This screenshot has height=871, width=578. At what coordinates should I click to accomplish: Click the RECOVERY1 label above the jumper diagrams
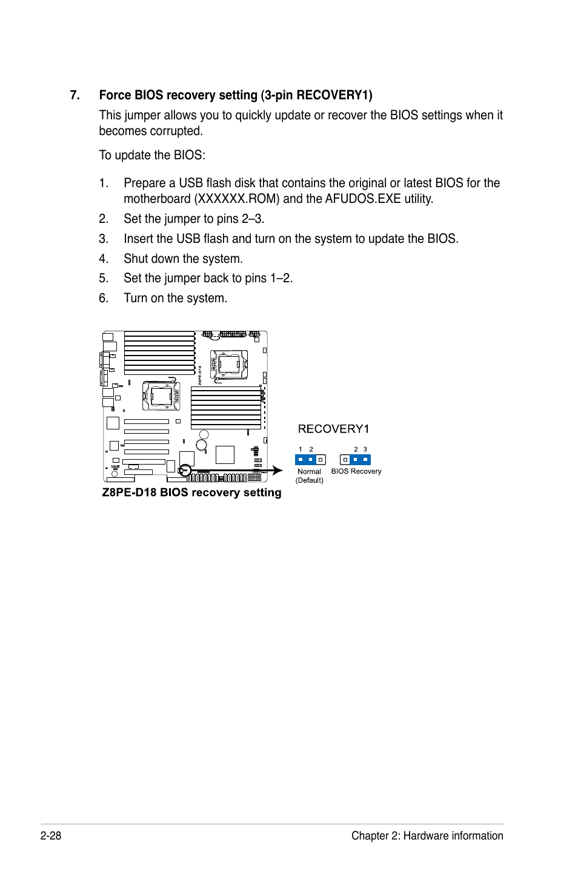[x=333, y=429]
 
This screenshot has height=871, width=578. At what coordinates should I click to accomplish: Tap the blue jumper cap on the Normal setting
[x=305, y=460]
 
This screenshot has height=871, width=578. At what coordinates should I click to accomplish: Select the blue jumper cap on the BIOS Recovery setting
[x=360, y=460]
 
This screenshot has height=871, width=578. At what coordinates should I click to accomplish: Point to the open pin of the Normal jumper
[x=321, y=460]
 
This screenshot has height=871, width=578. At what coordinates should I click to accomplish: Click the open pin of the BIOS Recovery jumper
[x=345, y=460]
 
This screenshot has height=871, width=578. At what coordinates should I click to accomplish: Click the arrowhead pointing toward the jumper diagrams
[x=277, y=470]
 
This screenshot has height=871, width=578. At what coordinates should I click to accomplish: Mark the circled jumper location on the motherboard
[x=185, y=470]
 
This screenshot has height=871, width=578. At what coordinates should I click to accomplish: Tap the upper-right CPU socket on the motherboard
[x=229, y=365]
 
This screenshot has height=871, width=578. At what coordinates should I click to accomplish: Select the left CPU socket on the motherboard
[x=161, y=396]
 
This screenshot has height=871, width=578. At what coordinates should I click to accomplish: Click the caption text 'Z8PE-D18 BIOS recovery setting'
[x=191, y=492]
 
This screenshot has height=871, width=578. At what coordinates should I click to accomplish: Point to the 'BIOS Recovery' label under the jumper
[x=356, y=471]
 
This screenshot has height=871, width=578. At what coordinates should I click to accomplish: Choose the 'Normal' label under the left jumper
[x=309, y=472]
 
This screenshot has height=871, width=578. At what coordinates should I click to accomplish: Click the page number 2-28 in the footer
[x=51, y=836]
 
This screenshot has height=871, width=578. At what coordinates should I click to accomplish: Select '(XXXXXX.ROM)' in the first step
[x=237, y=199]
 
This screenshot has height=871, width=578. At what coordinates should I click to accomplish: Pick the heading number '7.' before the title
[x=75, y=95]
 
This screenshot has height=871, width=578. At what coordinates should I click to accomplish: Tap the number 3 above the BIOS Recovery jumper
[x=365, y=449]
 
